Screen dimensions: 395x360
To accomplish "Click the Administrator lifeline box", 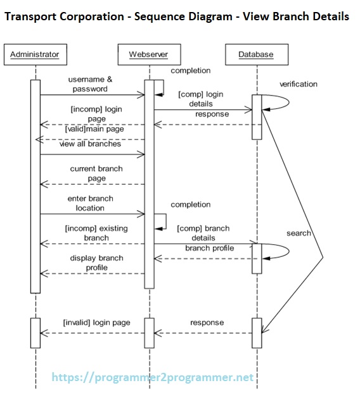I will [35, 54].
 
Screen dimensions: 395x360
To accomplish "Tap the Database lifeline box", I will [256, 54].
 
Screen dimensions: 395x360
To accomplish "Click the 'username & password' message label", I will [91, 85].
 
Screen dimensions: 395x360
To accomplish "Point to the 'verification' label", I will [299, 84].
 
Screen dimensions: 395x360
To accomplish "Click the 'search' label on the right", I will [299, 233].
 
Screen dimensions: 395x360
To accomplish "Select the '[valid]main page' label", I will [94, 130].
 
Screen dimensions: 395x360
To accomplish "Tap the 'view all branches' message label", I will [90, 144].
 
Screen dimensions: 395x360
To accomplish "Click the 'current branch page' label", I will [96, 173].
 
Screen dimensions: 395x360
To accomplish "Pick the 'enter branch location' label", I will [90, 203].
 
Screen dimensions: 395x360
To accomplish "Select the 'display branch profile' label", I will [96, 263].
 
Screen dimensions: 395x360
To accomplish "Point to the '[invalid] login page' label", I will [96, 322].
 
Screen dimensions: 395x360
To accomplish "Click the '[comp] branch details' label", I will [203, 233].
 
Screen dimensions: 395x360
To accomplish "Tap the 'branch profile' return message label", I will [209, 248].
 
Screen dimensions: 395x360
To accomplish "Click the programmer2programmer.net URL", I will [152, 377].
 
